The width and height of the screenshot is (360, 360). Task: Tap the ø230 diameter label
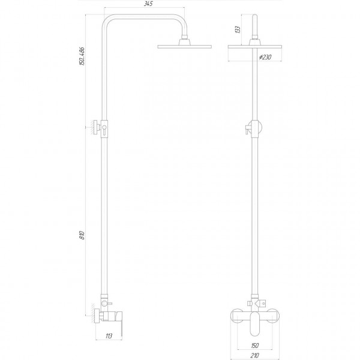(264, 56)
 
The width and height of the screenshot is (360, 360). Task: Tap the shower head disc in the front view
(258, 47)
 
